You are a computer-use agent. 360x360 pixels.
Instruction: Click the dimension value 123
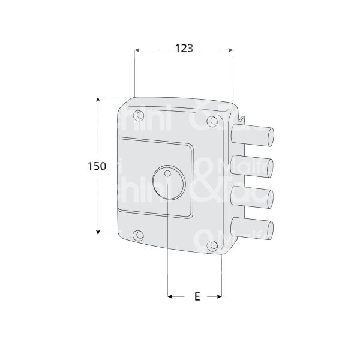pyautogui.click(x=184, y=50)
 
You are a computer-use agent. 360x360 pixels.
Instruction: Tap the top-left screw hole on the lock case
pyautogui.click(x=139, y=115)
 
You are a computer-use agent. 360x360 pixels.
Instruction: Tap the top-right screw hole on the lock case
pyautogui.click(x=211, y=122)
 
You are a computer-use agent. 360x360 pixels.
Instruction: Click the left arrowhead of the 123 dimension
pyautogui.click(x=138, y=50)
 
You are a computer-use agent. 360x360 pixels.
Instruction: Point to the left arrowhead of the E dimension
pyautogui.click(x=171, y=296)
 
